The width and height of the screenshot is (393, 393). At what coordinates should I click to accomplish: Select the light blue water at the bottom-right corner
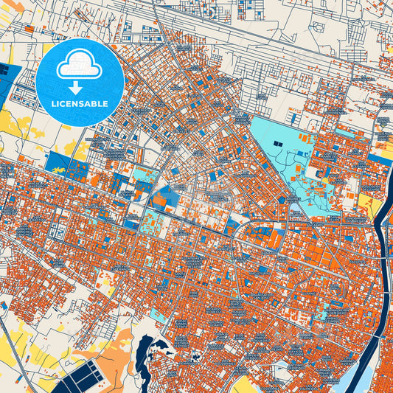(361, 376)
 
